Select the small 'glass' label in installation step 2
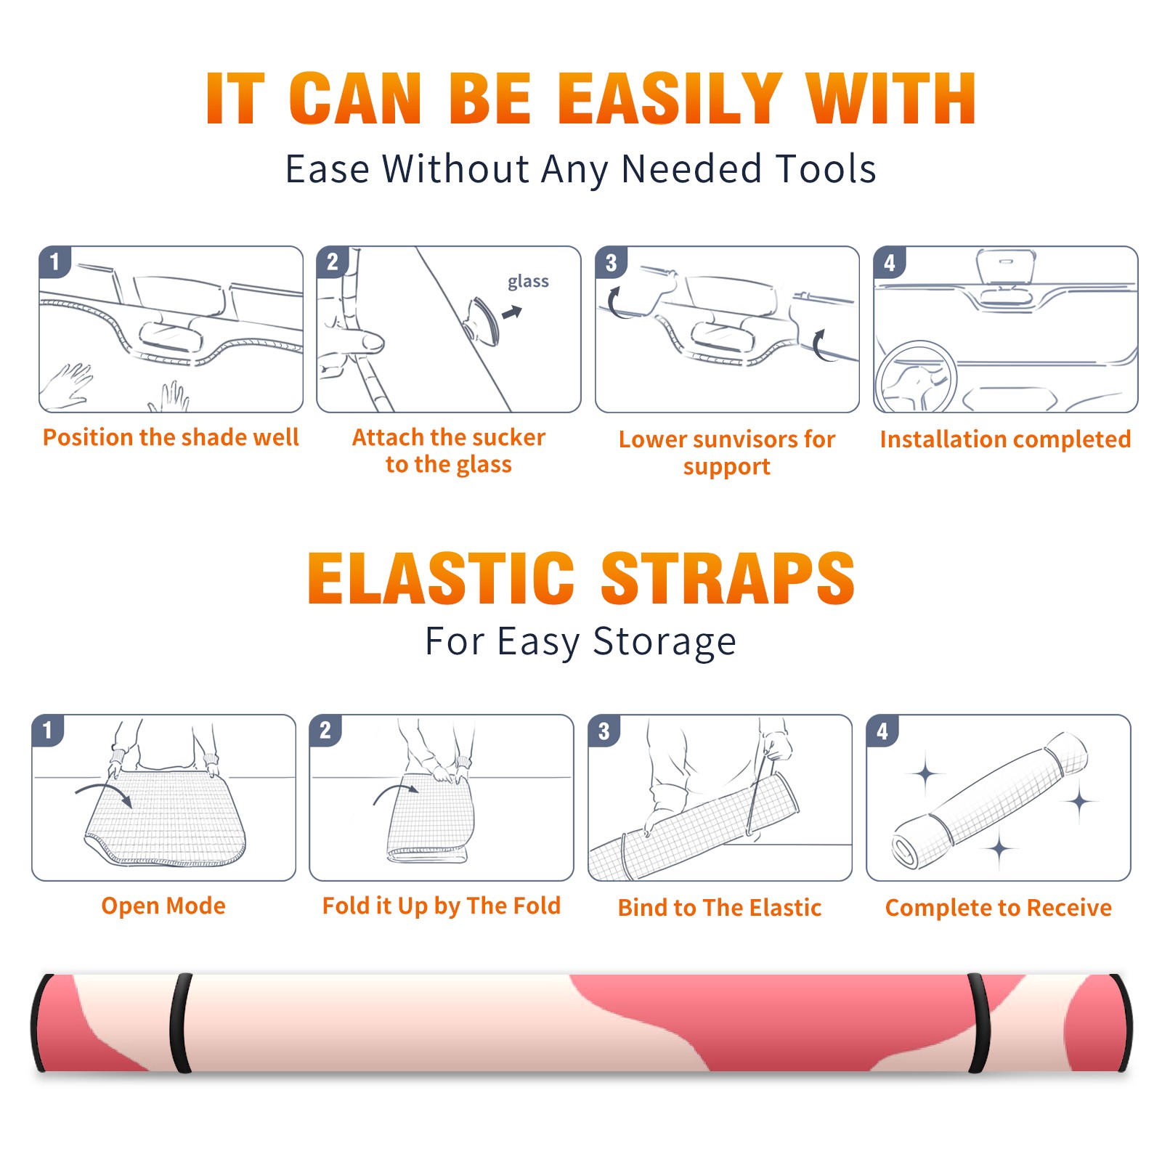(528, 282)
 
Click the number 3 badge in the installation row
(611, 263)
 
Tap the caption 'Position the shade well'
(171, 437)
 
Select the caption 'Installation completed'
(1005, 439)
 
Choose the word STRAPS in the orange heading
(728, 578)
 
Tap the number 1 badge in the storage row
(48, 731)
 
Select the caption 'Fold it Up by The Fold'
(442, 906)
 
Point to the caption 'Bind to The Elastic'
(720, 908)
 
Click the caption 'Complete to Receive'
(999, 908)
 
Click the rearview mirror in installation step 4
(1005, 267)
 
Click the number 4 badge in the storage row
(882, 731)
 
